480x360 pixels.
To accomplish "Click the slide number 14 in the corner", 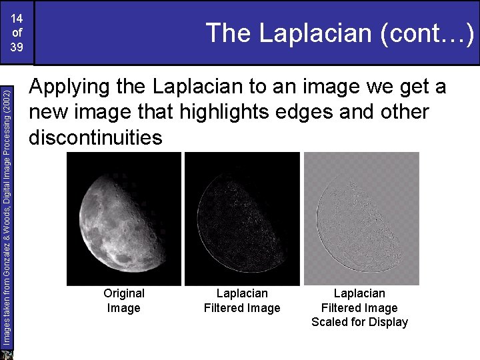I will coord(17,18).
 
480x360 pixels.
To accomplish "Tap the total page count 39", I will coord(17,47).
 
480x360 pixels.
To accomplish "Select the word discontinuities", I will coord(95,137).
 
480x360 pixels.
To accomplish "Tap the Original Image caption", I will coord(123,301).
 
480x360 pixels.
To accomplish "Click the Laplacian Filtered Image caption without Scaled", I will coord(242,301).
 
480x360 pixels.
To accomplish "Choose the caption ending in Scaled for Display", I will coord(359,307).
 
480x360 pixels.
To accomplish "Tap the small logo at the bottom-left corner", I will coord(7,354).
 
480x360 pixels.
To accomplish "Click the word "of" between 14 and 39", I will coord(17,33).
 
